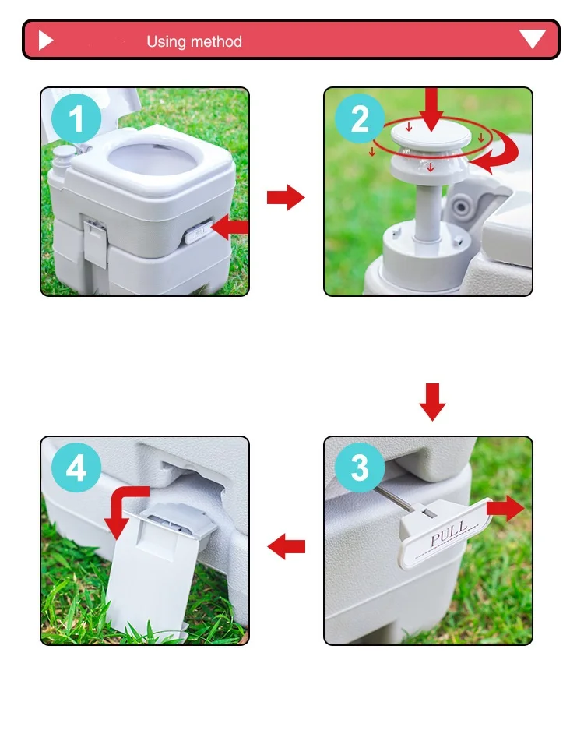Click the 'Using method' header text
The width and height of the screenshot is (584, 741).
(194, 41)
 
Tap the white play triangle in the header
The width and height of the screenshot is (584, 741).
(45, 41)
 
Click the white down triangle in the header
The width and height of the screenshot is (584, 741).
(533, 39)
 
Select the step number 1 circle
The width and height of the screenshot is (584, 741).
(76, 120)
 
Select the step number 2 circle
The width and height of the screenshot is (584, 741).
(360, 120)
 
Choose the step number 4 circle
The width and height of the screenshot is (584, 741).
(76, 469)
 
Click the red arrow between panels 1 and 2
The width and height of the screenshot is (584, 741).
(285, 198)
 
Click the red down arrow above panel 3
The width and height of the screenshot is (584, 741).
(432, 401)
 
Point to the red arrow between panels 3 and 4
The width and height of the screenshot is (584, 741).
(286, 548)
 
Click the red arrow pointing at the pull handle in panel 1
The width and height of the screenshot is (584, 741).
(230, 228)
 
